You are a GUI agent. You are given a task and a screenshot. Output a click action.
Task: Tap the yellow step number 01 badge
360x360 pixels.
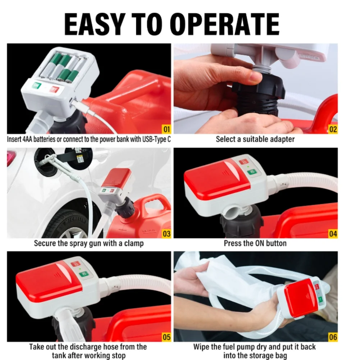[x=167, y=129]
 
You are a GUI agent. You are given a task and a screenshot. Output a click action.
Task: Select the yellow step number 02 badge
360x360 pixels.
[x=333, y=129]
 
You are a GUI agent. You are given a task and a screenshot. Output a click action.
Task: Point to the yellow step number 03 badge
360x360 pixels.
[x=167, y=234]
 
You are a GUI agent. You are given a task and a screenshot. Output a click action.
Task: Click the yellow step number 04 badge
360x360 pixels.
[x=333, y=234]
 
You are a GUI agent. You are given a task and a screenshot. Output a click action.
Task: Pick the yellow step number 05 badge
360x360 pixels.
[x=167, y=337]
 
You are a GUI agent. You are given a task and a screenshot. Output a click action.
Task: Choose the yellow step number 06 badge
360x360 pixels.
[x=333, y=337]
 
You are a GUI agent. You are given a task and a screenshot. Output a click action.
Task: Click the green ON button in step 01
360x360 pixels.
[x=37, y=86]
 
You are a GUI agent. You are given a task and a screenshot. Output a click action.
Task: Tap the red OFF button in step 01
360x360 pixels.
[x=54, y=89]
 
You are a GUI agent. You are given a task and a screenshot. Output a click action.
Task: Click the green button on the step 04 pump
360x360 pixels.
[x=252, y=172]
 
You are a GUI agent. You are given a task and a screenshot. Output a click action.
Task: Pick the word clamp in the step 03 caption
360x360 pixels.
[x=134, y=243]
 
